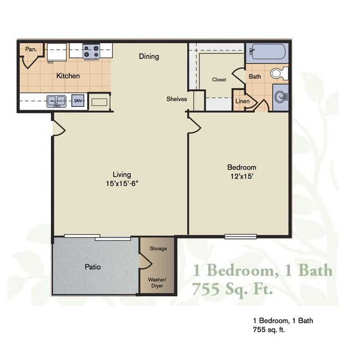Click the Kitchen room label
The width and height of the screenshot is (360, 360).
click(68, 76)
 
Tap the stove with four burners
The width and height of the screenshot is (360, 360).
click(91, 52)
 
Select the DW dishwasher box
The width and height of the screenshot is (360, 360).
click(78, 101)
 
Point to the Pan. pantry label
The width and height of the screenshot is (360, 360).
click(32, 49)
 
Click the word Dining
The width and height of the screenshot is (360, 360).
click(148, 56)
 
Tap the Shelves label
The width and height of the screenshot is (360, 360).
click(177, 99)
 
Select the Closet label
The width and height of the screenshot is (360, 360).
click(219, 80)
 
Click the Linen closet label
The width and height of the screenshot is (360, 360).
click(242, 101)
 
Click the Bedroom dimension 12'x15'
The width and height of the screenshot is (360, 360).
click(241, 177)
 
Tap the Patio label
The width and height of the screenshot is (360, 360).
click(92, 267)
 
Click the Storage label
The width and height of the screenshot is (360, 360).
click(158, 249)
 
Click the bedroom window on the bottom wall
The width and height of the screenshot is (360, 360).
click(240, 236)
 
